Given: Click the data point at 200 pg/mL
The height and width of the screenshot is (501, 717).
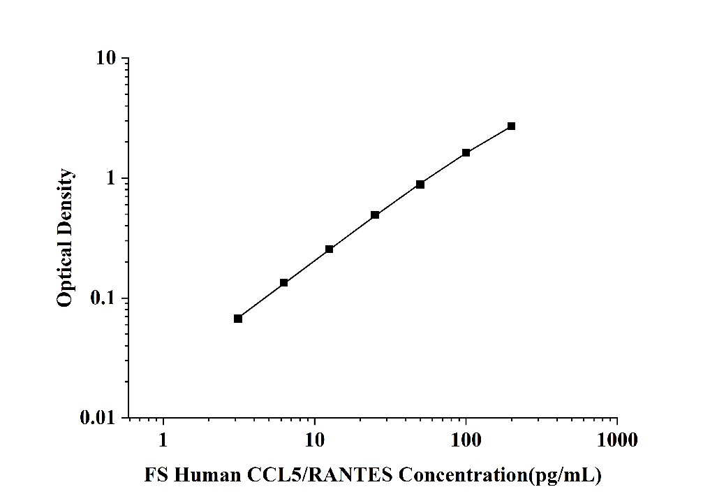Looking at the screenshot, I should pos(511,126).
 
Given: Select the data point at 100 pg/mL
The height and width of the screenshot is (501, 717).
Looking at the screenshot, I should pos(466,152).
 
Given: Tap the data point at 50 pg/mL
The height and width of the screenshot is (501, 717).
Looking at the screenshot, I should pos(420,184).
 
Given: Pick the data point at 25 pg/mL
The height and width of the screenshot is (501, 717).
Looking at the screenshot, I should pos(375,215).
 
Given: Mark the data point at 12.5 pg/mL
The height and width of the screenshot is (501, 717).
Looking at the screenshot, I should pos(330,249).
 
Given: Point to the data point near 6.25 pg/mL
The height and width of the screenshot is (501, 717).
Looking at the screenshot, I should pos(284,282).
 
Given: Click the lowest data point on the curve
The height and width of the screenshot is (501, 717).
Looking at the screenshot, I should pos(238,319).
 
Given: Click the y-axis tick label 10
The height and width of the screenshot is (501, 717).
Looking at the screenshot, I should pos(105,59).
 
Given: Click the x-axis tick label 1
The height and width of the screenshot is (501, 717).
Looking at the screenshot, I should pos(163,441).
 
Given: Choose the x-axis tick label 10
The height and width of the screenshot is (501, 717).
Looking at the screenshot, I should pos(315,441).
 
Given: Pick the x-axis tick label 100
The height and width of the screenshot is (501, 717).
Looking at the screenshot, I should pos(466,441).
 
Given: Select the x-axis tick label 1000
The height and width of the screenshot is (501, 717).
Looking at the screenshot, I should pos(617,441).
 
